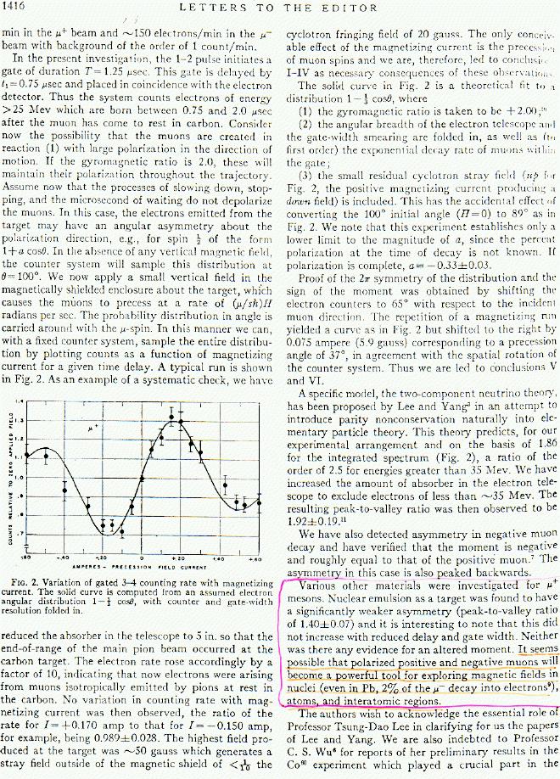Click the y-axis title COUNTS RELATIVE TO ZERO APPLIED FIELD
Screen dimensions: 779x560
pyautogui.click(x=8, y=485)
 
